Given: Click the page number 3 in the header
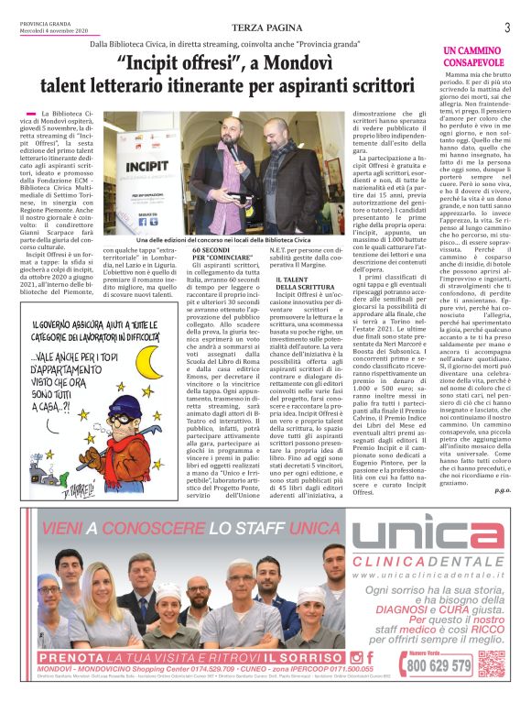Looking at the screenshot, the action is (506, 27).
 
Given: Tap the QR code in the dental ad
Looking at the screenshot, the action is (491, 661).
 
